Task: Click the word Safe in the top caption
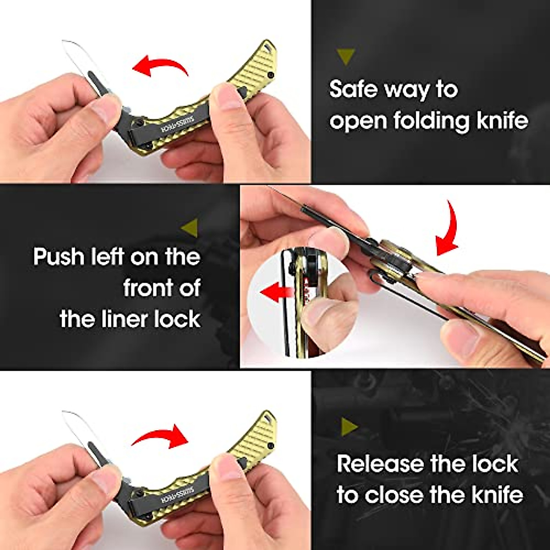coord(355,89)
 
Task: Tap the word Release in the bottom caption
coord(379,464)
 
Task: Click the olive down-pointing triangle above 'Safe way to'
coord(346,56)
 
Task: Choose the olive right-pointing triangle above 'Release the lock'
coord(350,427)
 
